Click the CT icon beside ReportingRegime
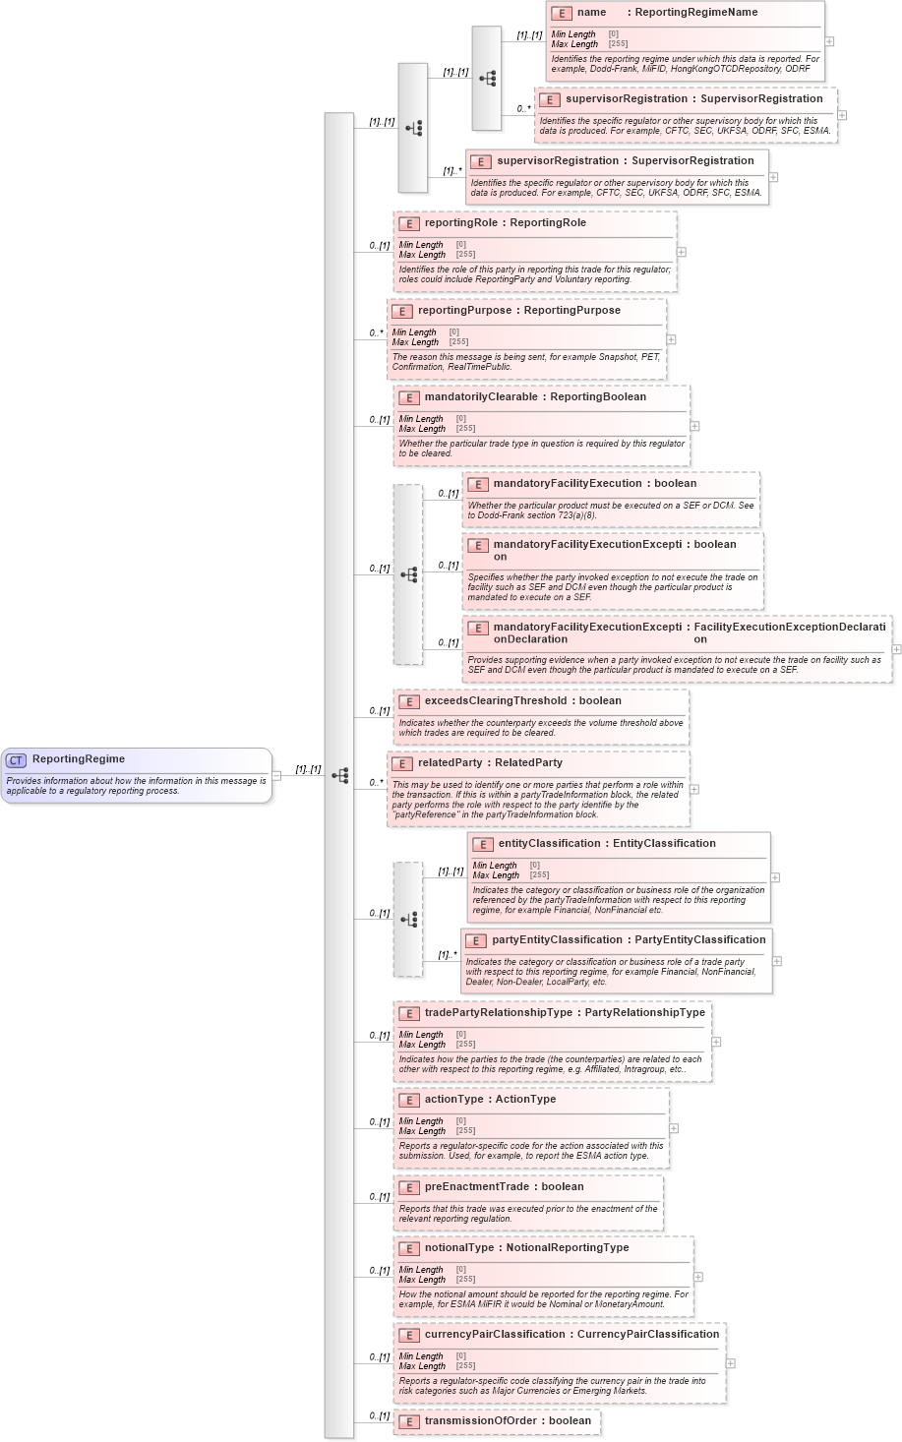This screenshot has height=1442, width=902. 16,759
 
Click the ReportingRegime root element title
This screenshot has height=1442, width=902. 79,759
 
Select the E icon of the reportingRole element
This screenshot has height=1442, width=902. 408,223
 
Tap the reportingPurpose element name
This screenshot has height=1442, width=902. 462,311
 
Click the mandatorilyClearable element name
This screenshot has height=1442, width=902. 481,397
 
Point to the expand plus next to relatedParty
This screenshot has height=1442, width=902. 694,789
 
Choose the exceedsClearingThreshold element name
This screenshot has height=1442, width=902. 496,701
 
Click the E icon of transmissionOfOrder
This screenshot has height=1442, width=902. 408,1421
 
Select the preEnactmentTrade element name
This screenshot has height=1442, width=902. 477,1187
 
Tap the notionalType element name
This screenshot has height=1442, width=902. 459,1248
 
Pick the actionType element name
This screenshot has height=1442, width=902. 454,1100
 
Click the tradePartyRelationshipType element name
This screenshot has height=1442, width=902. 499,1013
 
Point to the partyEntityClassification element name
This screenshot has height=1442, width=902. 557,940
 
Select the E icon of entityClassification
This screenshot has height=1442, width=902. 482,844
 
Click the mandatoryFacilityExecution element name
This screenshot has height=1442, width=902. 568,484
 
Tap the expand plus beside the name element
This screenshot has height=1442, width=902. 830,41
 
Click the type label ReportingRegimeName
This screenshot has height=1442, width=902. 696,13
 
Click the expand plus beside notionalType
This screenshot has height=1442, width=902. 698,1277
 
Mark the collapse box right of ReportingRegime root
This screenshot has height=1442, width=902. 276,775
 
